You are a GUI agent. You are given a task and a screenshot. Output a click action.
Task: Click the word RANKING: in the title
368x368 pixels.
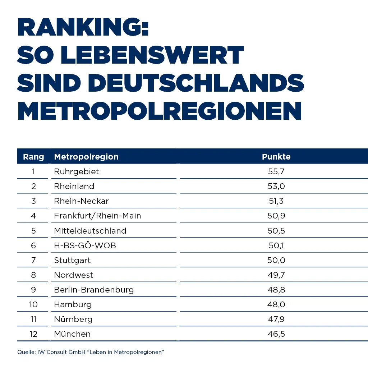[x=83, y=27]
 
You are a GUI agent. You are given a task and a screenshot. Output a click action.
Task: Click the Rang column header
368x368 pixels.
[x=33, y=157]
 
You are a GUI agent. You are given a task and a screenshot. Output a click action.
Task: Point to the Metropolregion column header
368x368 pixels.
[x=86, y=157]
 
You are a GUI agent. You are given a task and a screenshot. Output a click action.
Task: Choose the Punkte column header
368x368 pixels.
[x=276, y=157]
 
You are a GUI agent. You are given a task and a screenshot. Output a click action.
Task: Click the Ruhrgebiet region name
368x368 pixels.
[x=76, y=171]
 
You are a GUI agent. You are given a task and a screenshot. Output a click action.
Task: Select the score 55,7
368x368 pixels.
[x=276, y=171]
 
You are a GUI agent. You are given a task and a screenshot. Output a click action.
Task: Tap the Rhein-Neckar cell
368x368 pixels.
[x=81, y=201]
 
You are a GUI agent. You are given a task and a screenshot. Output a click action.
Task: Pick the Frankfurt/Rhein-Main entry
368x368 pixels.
[x=97, y=216]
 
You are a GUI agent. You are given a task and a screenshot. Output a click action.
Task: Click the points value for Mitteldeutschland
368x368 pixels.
[x=276, y=230]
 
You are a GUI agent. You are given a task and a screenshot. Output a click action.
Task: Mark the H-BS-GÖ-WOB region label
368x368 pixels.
[x=85, y=245]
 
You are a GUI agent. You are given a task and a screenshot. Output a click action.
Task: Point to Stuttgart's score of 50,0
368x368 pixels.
[x=276, y=260]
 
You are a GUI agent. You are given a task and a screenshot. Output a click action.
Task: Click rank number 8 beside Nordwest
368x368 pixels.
[x=33, y=275]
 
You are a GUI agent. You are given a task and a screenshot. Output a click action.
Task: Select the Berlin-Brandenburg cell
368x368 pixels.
[x=94, y=290]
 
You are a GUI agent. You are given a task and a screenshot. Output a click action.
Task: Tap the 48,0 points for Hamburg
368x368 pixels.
[x=276, y=304]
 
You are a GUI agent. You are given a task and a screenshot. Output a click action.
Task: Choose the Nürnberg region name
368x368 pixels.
[x=73, y=319]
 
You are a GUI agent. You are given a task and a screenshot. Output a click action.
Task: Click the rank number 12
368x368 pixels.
[x=33, y=334]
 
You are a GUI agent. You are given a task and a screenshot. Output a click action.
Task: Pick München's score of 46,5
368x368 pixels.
[x=276, y=334]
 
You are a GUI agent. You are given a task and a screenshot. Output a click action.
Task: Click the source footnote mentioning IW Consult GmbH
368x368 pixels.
[x=91, y=352]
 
